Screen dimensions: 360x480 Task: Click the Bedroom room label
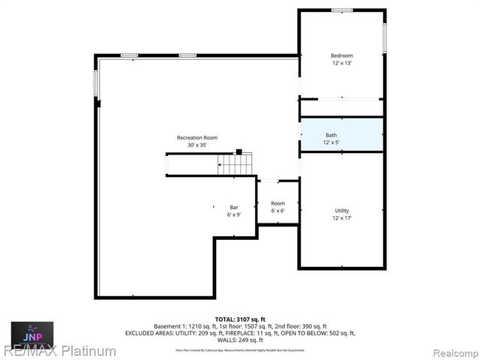[342, 55]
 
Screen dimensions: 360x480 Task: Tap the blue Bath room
[342, 136]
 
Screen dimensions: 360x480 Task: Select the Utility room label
[342, 211]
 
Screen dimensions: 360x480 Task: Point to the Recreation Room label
[197, 137]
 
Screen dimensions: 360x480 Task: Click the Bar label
[234, 207]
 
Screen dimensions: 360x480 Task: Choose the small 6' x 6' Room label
[278, 203]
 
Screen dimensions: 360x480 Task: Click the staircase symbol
[228, 163]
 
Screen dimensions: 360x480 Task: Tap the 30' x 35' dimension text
[197, 145]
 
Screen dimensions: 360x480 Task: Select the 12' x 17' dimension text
[342, 218]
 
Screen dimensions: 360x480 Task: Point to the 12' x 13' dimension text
[342, 63]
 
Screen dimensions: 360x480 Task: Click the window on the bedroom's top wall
[342, 10]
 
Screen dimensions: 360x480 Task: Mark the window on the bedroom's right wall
[384, 34]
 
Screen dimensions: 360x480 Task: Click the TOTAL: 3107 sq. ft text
[240, 319]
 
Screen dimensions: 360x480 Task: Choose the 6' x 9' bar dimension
[234, 214]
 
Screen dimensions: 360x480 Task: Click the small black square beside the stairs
[239, 151]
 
